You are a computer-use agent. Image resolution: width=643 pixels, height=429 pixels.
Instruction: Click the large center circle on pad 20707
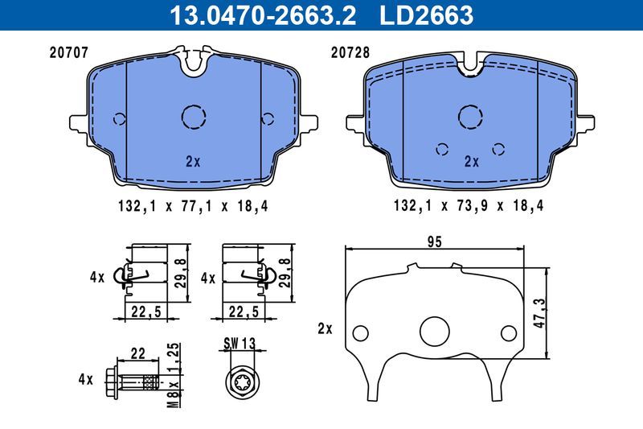pos(194,118)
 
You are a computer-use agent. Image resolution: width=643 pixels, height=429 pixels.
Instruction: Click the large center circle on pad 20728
pos(470,118)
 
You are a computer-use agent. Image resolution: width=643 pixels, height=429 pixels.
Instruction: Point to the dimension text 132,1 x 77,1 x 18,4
pos(192,206)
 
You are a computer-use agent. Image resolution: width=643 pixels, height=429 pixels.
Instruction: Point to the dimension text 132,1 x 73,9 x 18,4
pos(469,206)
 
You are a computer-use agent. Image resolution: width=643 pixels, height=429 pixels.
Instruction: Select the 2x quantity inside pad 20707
pos(192,161)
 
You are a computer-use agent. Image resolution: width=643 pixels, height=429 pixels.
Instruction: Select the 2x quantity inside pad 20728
pos(471,161)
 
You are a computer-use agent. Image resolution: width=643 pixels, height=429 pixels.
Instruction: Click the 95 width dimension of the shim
pos(435,241)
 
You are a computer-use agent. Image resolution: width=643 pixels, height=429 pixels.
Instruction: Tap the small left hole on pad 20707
pos(120,119)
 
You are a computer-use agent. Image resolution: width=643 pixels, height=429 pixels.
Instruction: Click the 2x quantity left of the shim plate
pos(326,328)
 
